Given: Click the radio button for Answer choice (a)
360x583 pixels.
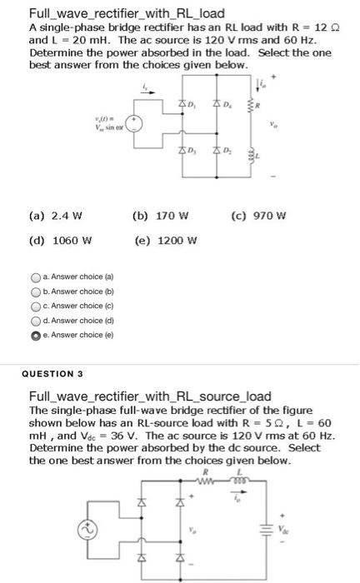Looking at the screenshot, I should coord(35,277).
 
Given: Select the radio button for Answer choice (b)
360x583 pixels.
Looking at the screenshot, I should coord(35,291).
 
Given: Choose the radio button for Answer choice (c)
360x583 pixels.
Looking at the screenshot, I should coord(35,306).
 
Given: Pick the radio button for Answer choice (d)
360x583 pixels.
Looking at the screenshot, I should coord(35,321).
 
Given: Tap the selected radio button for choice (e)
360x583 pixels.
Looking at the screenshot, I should coord(35,335).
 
